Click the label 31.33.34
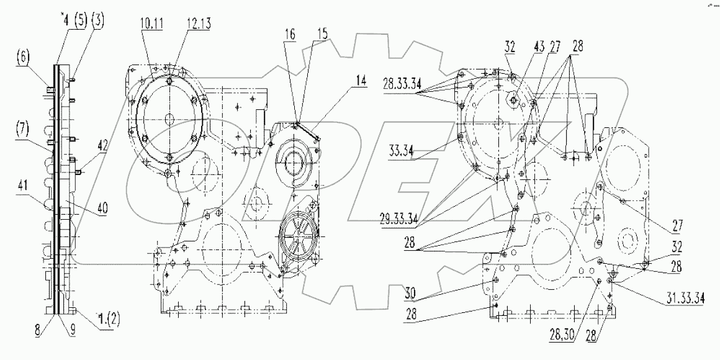tap(681, 299)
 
